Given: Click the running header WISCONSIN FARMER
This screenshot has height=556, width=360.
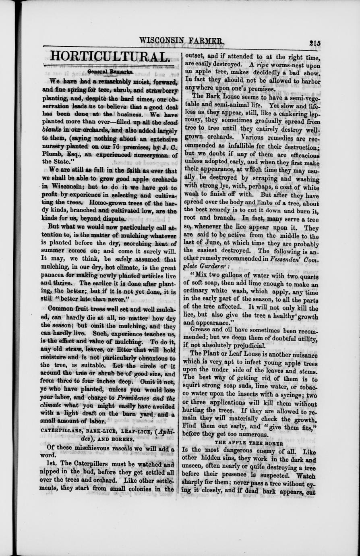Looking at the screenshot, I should [x=181, y=41].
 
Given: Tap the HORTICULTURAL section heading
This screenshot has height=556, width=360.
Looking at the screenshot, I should [x=108, y=57].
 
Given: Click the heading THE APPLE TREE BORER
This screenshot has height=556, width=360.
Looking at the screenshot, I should [x=249, y=442].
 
